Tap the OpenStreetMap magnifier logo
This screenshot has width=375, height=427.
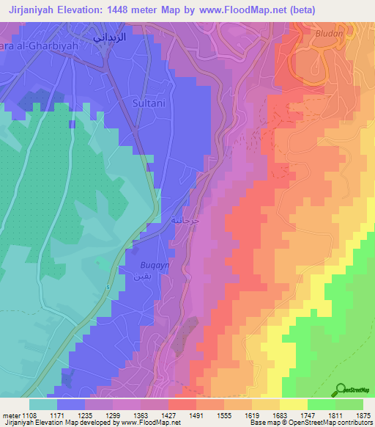point(341,390)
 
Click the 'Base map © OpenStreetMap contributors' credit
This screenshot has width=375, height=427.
point(310,423)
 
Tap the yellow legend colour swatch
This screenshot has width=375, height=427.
point(294,404)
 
